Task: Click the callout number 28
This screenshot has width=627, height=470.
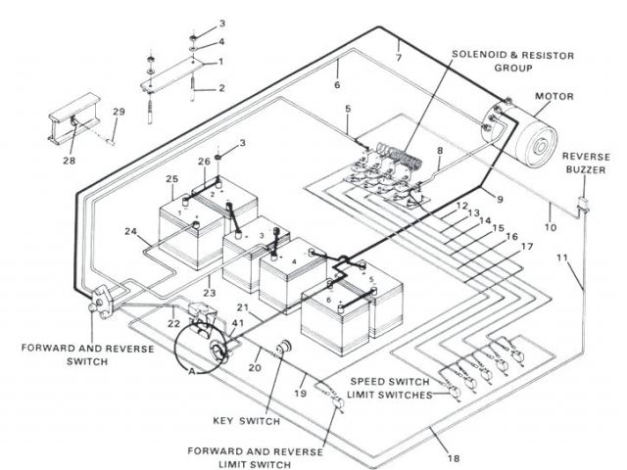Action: pyautogui.click(x=70, y=160)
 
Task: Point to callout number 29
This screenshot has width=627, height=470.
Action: pyautogui.click(x=119, y=114)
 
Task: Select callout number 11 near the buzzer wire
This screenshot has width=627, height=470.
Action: pyautogui.click(x=561, y=258)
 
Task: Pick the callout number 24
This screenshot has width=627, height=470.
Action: pyautogui.click(x=129, y=232)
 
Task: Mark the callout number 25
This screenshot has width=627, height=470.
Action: pyautogui.click(x=171, y=179)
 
